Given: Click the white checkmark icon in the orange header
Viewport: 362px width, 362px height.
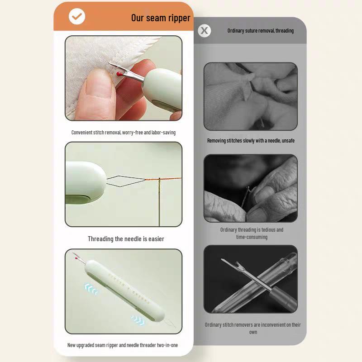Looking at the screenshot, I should [x=76, y=17].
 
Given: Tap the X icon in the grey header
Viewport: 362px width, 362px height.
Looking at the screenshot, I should [x=205, y=30].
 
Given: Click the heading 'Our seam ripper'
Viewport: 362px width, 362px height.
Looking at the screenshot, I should [x=161, y=18].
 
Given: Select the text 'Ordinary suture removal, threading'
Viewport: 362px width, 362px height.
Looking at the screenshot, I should [x=260, y=31].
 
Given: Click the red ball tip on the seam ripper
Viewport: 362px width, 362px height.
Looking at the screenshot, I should [x=119, y=73].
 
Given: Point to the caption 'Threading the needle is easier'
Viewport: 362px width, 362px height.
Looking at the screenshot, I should [x=126, y=238].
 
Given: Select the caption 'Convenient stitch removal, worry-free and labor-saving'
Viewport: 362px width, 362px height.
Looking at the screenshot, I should [x=124, y=133].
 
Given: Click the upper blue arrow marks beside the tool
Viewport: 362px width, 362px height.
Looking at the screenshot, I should [x=91, y=288].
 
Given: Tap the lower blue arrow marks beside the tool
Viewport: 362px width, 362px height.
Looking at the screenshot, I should [x=138, y=320].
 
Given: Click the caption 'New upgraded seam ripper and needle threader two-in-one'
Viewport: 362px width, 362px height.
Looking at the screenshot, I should [x=123, y=345].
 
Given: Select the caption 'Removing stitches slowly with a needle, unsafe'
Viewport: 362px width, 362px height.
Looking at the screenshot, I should [x=251, y=141].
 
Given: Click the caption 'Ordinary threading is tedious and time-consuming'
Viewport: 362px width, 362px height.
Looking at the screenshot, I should [x=252, y=233].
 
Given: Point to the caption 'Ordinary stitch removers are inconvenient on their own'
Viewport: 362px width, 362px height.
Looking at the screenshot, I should [x=252, y=328].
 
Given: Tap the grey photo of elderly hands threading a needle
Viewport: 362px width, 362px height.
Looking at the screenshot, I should [x=250, y=188].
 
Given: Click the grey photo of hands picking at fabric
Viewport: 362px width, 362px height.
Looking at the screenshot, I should [x=250, y=96].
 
